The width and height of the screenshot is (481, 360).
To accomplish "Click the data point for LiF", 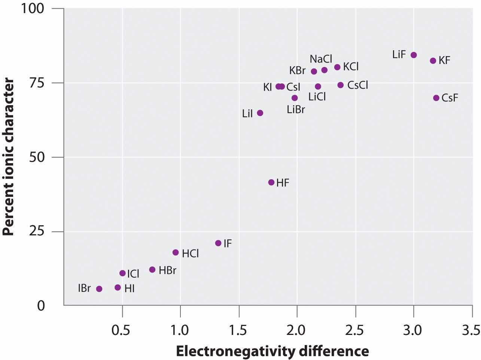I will coord(414,55).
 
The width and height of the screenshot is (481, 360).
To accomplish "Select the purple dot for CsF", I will coord(436,98).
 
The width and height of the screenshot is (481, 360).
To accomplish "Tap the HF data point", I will coord(271,183).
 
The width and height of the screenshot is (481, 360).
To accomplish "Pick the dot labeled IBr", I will coord(99,289).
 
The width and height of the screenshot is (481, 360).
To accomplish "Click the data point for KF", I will coord(433,61).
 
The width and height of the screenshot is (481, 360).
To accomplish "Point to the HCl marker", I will coord(176,253).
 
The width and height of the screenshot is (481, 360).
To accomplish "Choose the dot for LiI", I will coord(260,113).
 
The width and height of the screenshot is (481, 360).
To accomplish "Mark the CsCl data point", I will coord(341,85).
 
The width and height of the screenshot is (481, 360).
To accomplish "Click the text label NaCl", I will coord(321,59).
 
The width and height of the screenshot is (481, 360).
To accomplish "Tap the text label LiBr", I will coord(296,110).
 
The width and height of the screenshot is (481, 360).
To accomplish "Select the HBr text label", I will coord(167,270).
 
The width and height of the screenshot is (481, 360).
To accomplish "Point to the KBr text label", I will coord(297,70).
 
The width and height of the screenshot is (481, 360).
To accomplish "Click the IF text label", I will coord(228,244).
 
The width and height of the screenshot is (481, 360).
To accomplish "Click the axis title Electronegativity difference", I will coord(272,351).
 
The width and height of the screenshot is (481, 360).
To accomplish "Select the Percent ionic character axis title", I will coord(8,156).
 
